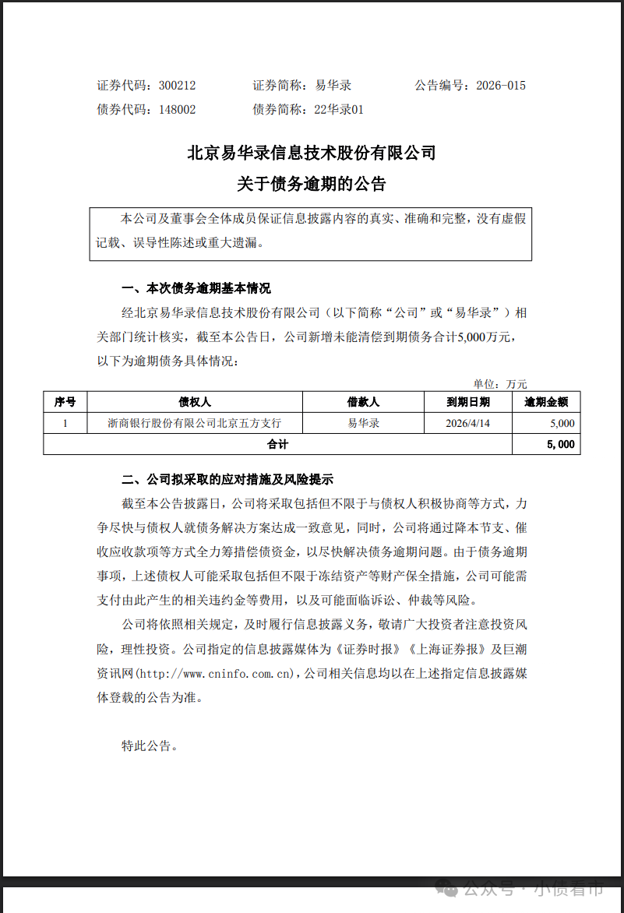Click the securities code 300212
coord(177,86)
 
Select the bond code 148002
coord(177,110)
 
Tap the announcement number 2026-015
coord(501,86)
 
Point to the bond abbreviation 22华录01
coord(339,110)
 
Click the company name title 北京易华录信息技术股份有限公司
coord(312,153)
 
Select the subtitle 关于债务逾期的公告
coord(312,185)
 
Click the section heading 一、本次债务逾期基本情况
coord(196,289)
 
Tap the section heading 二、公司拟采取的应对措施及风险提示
coord(227,479)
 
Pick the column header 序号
coord(65,402)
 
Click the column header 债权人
coord(195,402)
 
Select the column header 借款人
coord(363,402)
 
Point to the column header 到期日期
coord(468,402)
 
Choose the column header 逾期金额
coord(546,402)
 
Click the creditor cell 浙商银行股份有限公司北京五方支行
coord(195,423)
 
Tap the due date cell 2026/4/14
coord(468,423)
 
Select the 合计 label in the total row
coord(277,444)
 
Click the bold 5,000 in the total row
coord(560,444)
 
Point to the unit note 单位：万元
coord(500,383)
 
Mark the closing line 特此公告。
coord(150,746)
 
